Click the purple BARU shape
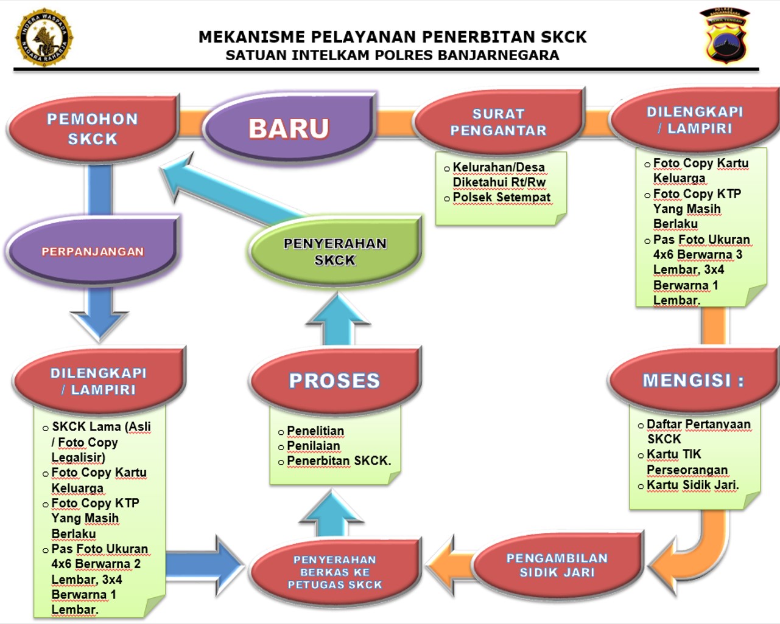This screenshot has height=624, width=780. click(289, 128)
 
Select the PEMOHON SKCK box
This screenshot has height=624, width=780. click(93, 128)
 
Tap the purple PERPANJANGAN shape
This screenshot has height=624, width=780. click(93, 251)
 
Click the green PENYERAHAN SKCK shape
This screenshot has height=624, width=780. click(335, 251)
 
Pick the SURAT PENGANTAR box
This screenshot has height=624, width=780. click(498, 122)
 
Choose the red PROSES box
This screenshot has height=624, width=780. click(334, 380)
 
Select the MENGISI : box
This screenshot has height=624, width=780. click(693, 380)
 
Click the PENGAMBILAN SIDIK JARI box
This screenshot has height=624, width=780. click(557, 565)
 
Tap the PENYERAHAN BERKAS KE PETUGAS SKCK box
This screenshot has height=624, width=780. click(334, 572)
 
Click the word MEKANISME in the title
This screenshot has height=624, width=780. click(250, 37)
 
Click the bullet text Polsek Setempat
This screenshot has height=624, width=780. click(501, 197)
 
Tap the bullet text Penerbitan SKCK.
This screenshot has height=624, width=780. click(339, 460)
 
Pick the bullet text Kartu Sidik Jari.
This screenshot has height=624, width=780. click(692, 485)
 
